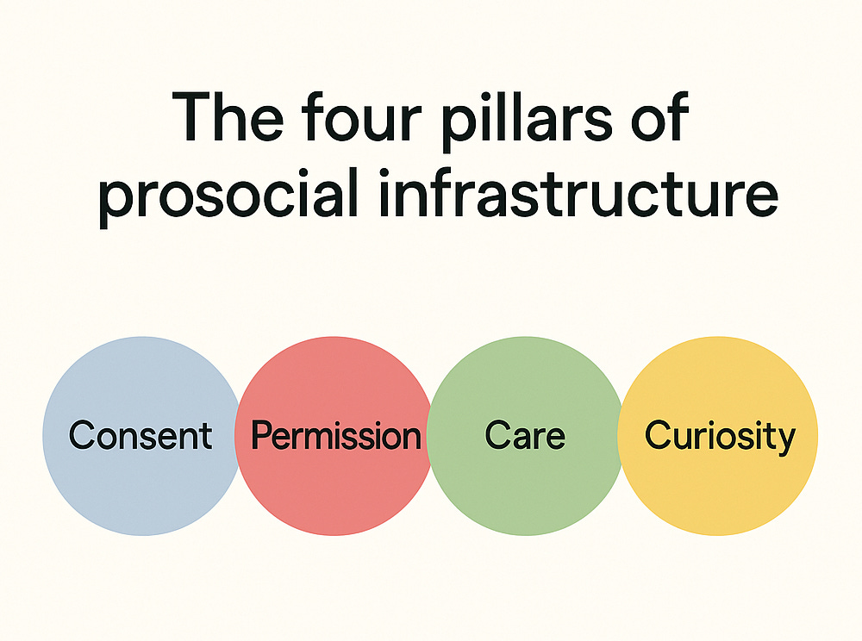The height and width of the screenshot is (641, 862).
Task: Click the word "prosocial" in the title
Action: tap(228, 197)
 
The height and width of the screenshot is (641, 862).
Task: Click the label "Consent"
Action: tap(141, 436)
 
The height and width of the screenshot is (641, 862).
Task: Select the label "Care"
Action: tap(524, 436)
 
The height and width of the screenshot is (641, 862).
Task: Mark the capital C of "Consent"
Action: tap(80, 436)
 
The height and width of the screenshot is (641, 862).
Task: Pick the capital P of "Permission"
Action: tap(260, 436)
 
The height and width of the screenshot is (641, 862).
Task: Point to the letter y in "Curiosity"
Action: tap(785, 440)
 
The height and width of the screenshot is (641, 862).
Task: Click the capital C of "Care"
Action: tap(497, 436)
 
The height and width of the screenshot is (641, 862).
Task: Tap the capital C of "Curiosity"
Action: tap(657, 436)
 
